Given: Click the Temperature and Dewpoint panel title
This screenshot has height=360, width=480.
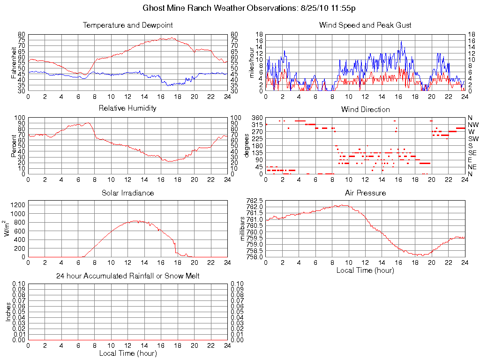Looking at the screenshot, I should (127, 25).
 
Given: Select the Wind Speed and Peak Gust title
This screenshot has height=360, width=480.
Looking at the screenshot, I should (365, 25).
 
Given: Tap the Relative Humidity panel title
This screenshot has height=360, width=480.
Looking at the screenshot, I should (127, 108).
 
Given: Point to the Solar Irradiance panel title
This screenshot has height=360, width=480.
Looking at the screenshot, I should (127, 193).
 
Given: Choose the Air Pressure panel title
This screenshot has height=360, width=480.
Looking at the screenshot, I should (365, 193).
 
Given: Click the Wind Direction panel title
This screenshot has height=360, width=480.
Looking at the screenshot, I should (365, 110).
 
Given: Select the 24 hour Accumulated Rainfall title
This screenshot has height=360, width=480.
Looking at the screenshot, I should (127, 276).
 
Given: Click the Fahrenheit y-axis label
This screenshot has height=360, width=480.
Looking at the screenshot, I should (14, 62).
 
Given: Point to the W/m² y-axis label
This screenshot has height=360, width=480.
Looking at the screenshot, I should (8, 229).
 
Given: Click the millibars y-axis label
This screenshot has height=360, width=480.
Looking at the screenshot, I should (243, 228).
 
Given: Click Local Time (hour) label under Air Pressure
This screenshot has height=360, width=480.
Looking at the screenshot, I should (365, 270).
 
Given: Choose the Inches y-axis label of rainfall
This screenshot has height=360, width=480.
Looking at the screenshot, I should (8, 312).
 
